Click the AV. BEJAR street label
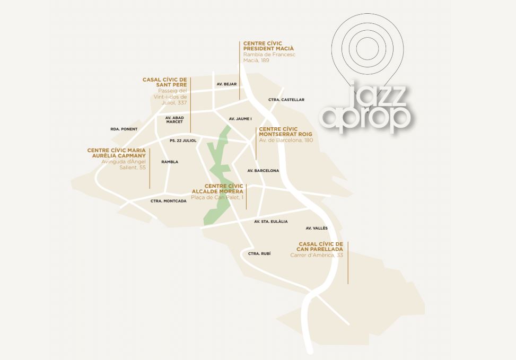pyautogui.click(x=226, y=84)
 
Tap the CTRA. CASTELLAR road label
pyautogui.click(x=286, y=100)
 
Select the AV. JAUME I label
pyautogui.click(x=240, y=119)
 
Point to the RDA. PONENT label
pyautogui.click(x=124, y=129)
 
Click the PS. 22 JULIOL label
pyautogui.click(x=183, y=141)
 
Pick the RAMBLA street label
pyautogui.click(x=170, y=162)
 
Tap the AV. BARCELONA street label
pyautogui.click(x=263, y=171)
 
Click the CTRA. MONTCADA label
pyautogui.click(x=168, y=201)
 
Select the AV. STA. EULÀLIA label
pyautogui.click(x=270, y=222)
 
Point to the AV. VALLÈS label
pyautogui.click(x=317, y=229)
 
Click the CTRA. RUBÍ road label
pyautogui.click(x=259, y=254)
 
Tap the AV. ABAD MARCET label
pyautogui.click(x=174, y=120)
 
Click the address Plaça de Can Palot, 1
pyautogui.click(x=217, y=197)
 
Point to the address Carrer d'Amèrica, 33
pyautogui.click(x=317, y=255)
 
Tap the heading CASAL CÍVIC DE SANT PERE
pyautogui.click(x=164, y=82)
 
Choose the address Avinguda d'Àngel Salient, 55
pyautogui.click(x=123, y=164)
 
